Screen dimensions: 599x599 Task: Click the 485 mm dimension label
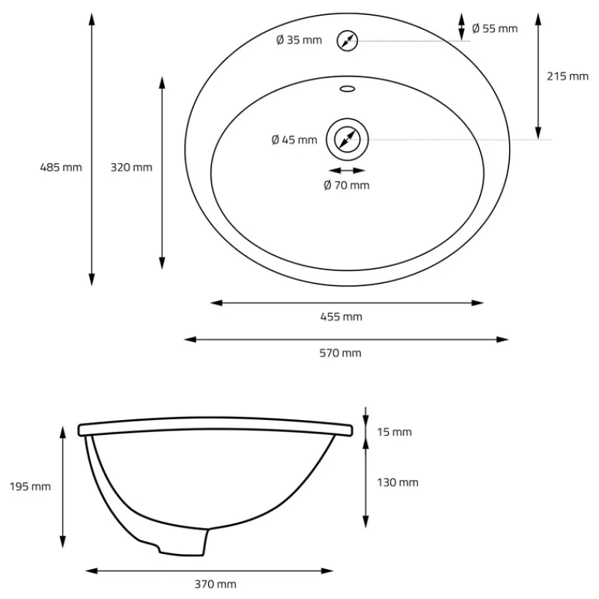coord(61,167)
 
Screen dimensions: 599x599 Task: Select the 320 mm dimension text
coord(132,167)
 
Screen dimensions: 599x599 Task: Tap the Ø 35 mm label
coord(299,40)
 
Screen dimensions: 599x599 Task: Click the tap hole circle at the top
coord(347,40)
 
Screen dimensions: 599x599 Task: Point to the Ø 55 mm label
coord(495,28)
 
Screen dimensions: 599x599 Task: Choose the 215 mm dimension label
coord(568,76)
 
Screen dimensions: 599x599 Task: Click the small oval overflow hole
coord(347,89)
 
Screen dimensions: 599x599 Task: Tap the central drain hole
coord(347,139)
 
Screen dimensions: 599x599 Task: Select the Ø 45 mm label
coord(294,140)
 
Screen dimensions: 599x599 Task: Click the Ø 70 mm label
coord(347,185)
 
